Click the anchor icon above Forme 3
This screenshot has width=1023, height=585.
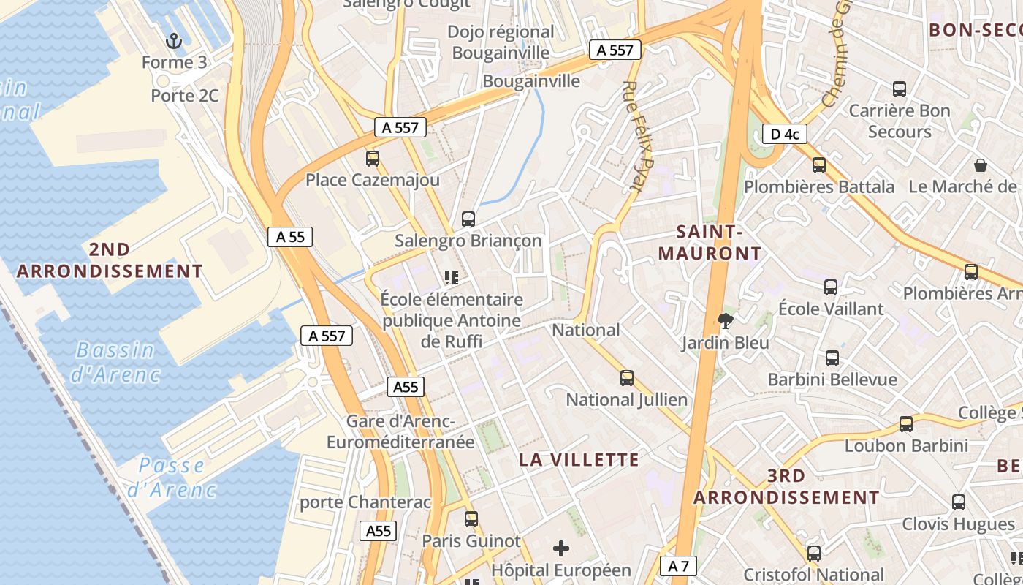(174, 40)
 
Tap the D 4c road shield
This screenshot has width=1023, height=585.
(784, 134)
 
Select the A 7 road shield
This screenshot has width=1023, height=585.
(678, 565)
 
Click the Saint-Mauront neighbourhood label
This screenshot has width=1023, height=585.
(710, 243)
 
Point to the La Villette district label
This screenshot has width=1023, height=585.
(579, 460)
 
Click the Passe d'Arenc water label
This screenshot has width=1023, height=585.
(172, 477)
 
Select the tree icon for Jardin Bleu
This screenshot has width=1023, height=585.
(726, 320)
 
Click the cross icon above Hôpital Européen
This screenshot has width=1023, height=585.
(561, 548)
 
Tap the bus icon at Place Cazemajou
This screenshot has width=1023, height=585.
(373, 158)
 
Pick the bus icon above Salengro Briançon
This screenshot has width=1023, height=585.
(468, 219)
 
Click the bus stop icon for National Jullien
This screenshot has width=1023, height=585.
(627, 377)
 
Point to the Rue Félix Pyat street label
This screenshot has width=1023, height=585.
(640, 136)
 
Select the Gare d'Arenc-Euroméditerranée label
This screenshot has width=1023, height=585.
(400, 432)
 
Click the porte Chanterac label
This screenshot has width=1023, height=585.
(365, 502)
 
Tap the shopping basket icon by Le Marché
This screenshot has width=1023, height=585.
(981, 165)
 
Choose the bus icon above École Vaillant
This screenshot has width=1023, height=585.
(831, 287)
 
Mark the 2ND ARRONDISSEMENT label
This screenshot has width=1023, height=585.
(110, 260)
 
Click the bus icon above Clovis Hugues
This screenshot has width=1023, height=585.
(959, 502)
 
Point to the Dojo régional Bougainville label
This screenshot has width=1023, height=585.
(501, 42)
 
